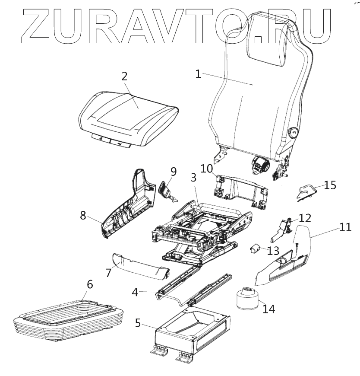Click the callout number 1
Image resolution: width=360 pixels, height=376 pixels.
click(198, 74)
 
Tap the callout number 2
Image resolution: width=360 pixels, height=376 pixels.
click(124, 77)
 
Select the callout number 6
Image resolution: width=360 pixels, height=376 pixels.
click(89, 284)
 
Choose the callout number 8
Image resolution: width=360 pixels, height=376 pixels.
click(83, 215)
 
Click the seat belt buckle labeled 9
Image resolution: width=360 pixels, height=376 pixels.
click(166, 190)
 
